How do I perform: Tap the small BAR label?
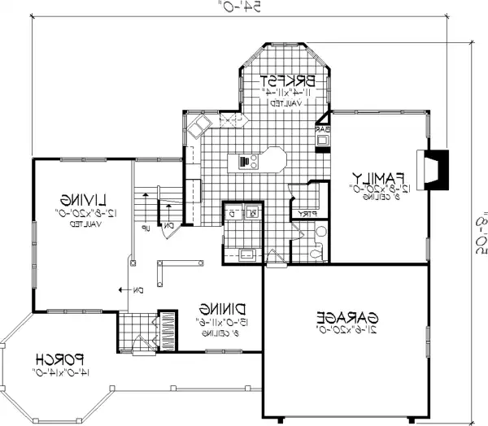pyautogui.click(x=321, y=128)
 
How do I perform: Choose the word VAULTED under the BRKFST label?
pyautogui.click(x=287, y=105)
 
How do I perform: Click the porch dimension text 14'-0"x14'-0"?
pyautogui.click(x=61, y=372)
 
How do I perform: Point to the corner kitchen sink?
pyautogui.click(x=198, y=126)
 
